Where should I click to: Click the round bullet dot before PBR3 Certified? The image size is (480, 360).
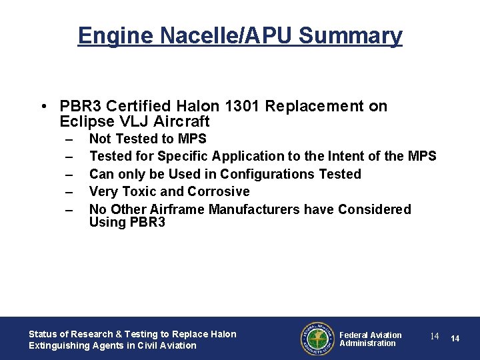[43, 107]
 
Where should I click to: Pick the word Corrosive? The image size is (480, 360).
[219, 191]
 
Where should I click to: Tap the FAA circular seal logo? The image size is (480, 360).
[317, 339]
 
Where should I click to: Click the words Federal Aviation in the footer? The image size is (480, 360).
[371, 335]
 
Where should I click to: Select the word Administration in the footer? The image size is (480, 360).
[367, 343]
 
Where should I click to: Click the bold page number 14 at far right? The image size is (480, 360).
[455, 339]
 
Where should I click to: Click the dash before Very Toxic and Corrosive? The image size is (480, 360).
[68, 192]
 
